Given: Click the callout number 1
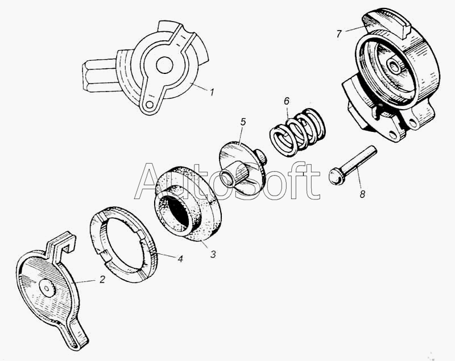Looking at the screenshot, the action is (212, 93).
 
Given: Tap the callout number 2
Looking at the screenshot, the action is (102, 279).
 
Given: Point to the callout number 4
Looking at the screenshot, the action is (180, 258).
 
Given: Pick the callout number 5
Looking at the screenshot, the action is (243, 122).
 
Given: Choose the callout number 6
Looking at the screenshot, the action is (287, 101).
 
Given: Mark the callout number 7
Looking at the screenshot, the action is (339, 34).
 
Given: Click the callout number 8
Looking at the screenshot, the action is (362, 194).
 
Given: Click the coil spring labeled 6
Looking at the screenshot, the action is (297, 132).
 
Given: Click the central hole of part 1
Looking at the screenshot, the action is (164, 65).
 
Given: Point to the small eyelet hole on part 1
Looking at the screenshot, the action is (150, 105).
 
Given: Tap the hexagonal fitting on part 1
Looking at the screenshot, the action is (100, 76).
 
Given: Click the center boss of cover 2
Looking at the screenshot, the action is (47, 288).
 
